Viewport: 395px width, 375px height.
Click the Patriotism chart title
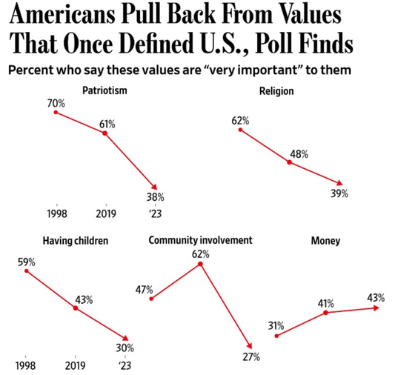[106, 90]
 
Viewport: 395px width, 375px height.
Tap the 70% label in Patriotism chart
[56, 104]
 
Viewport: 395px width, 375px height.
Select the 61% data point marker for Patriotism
[105, 133]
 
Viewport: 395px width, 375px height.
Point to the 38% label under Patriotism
[155, 197]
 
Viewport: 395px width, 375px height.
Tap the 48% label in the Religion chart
[299, 154]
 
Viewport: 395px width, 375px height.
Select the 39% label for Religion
[339, 194]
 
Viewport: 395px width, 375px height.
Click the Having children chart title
[75, 241]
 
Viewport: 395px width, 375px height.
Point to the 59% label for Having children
[27, 262]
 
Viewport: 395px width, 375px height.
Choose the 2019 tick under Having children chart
[75, 365]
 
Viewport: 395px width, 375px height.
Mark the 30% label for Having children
[124, 348]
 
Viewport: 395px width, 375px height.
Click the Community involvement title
[200, 241]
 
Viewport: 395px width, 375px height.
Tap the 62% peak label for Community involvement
[201, 254]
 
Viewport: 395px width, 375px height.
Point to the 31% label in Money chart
[276, 325]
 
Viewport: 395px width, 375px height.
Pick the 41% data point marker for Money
[326, 313]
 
